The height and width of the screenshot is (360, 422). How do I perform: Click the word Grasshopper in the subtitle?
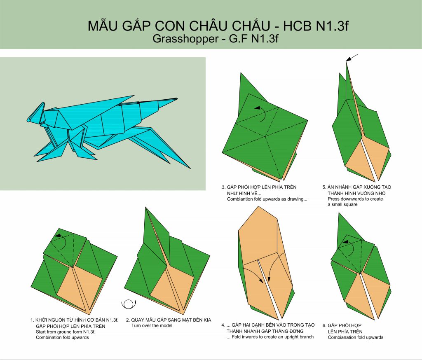185,39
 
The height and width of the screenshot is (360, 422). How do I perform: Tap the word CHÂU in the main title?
207,26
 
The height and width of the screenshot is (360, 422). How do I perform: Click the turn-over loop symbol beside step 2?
129,304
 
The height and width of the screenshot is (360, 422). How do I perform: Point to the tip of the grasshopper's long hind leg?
190,168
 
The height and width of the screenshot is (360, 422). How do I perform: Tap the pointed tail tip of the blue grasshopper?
177,99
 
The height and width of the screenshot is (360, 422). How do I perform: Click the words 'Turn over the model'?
152,325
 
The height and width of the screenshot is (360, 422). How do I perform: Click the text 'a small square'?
342,204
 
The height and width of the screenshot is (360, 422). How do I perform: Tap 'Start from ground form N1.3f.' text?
66,332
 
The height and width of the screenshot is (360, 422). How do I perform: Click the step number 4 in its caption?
223,325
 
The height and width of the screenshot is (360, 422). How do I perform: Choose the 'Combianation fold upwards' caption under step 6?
356,337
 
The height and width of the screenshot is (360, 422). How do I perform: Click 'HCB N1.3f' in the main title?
316,26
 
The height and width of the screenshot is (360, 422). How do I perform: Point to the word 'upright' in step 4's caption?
292,337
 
